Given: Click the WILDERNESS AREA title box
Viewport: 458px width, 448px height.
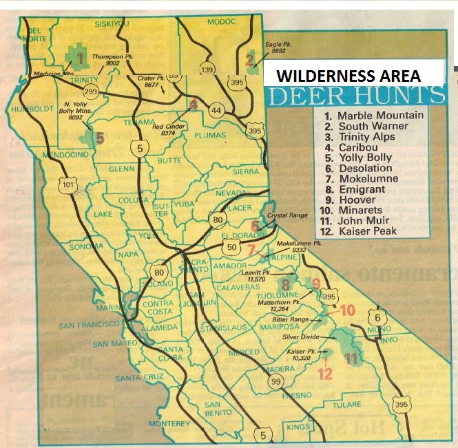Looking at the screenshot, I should pos(352,75).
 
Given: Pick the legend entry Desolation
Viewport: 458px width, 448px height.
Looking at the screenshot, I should pos(364,168).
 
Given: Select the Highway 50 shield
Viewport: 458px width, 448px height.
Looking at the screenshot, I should pos(231,247).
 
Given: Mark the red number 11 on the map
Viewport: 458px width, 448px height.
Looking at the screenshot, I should pos(352,358).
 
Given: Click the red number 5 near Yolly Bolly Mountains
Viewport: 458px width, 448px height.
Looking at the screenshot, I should pos(100,138).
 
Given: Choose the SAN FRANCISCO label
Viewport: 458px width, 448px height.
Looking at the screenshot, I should pos(91,325).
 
